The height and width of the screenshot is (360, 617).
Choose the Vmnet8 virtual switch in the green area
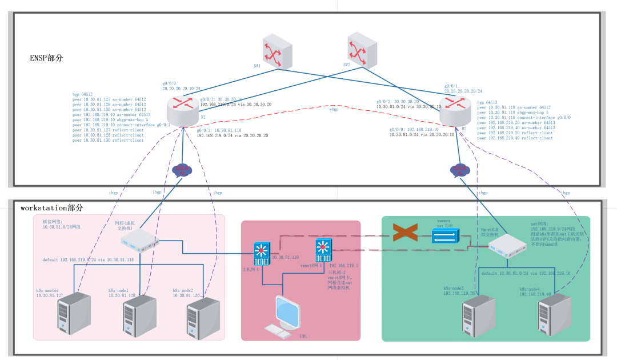coord(507,246)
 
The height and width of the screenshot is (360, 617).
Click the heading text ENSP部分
coord(46,58)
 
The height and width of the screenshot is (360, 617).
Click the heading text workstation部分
coord(51,208)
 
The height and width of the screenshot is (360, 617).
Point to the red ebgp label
coord(333,109)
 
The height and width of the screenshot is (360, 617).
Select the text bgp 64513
coord(487,102)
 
